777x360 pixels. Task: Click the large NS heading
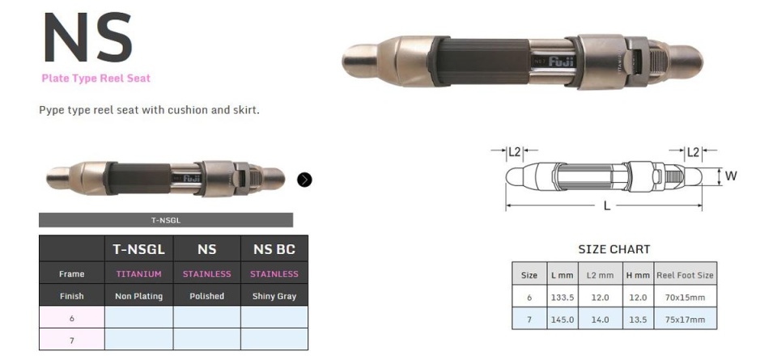88,38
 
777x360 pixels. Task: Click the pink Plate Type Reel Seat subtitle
96,78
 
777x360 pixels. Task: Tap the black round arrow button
305,180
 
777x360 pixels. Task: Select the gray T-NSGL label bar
166,220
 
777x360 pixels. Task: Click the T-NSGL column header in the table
138,250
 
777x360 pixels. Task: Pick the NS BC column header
274,250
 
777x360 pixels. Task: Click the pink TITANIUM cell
138,273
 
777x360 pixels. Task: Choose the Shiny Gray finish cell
274,296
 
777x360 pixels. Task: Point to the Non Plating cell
138,296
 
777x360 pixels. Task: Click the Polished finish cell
206,296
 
